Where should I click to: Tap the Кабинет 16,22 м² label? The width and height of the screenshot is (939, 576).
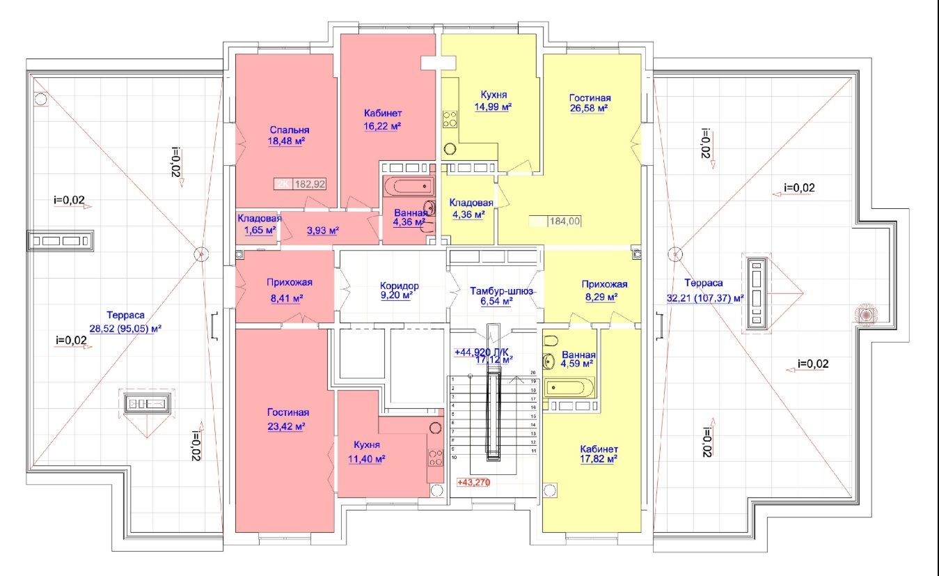point(383,119)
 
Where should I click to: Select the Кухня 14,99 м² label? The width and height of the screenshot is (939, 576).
point(493,101)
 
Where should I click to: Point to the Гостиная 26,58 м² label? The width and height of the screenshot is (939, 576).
point(589,103)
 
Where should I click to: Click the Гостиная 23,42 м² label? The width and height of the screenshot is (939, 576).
point(287,419)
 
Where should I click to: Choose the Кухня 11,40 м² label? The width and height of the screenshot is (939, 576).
point(366,451)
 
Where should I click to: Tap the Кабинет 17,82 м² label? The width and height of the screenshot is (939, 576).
point(598,453)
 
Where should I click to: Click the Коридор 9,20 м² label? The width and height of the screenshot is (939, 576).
point(399,290)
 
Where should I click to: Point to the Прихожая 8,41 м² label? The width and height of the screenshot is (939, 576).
point(289,289)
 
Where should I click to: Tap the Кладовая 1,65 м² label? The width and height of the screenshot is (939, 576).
point(258,223)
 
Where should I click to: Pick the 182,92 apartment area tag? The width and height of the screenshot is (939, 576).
point(310,185)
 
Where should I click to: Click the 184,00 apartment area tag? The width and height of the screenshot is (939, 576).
point(565,221)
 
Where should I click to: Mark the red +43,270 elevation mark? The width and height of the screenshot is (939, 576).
point(474,482)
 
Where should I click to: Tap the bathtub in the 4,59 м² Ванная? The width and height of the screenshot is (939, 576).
point(569,387)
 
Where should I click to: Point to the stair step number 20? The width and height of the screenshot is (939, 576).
point(532,373)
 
